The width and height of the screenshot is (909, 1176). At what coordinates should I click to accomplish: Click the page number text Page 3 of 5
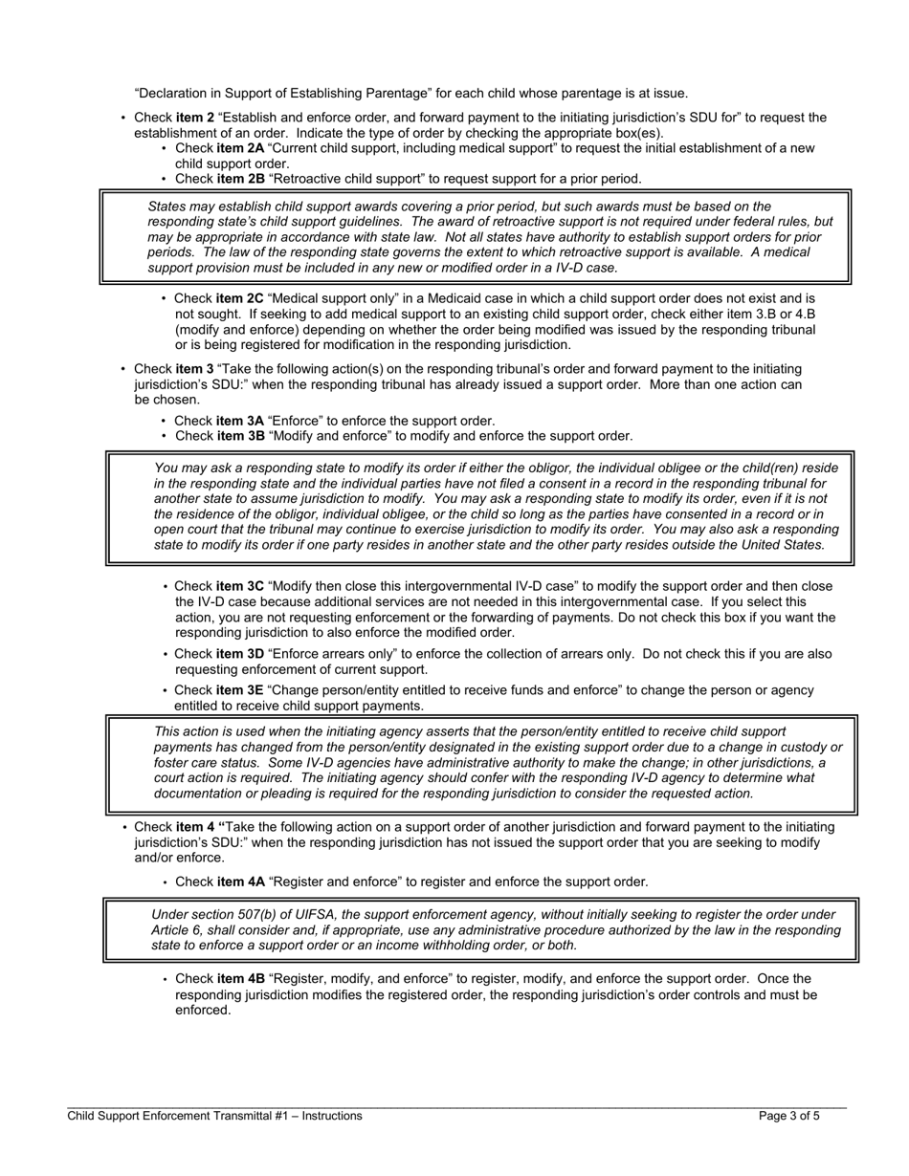tap(788, 1115)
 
